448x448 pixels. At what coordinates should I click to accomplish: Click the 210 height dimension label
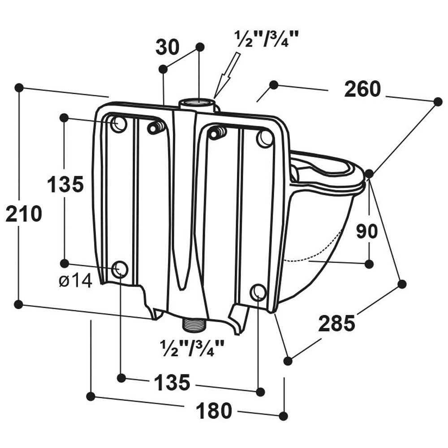click(23, 214)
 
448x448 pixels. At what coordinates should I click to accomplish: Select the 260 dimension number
click(362, 89)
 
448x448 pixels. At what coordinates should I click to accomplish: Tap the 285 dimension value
click(336, 323)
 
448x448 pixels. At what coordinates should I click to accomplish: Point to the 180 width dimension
click(214, 410)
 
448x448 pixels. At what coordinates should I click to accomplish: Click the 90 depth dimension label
click(367, 231)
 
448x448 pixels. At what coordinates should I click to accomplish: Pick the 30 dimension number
click(167, 47)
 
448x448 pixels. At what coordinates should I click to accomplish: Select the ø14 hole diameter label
click(75, 281)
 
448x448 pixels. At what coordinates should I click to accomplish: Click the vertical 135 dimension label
click(65, 184)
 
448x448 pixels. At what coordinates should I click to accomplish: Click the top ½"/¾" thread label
click(266, 39)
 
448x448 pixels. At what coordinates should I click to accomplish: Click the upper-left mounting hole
click(119, 124)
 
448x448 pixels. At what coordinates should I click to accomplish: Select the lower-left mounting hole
click(120, 269)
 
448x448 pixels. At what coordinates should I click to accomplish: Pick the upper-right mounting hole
click(265, 138)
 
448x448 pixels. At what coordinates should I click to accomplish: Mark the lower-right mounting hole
click(258, 292)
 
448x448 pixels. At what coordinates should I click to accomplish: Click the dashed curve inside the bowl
click(314, 253)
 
